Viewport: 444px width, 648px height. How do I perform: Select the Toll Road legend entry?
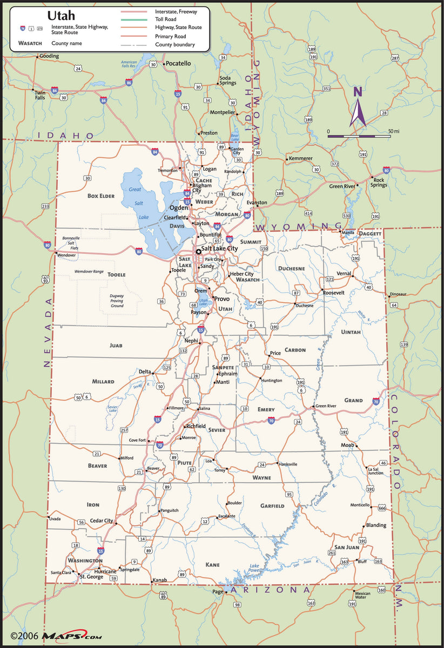(166, 19)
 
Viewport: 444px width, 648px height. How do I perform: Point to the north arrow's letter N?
(358, 92)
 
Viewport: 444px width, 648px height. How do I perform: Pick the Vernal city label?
(344, 273)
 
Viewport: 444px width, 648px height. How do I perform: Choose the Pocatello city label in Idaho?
(178, 63)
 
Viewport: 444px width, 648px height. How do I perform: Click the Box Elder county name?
(101, 195)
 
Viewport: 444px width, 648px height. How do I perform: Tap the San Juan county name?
(346, 547)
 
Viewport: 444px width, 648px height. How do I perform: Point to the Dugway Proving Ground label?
(117, 301)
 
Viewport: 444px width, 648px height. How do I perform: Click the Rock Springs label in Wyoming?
(379, 183)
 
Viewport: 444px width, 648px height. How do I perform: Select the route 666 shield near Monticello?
(382, 508)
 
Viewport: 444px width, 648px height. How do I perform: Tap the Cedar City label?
(101, 521)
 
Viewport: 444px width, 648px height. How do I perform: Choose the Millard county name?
(103, 381)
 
